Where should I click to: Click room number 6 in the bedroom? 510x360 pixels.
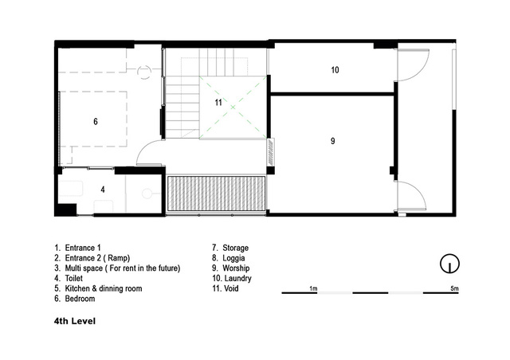pos(96,122)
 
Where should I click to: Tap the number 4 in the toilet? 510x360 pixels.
pos(103,190)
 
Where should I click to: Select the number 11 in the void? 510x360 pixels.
pos(218,103)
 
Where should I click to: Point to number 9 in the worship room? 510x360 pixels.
pos(332,141)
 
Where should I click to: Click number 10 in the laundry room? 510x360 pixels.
pos(335,70)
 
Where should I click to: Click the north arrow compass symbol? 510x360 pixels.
pos(449,264)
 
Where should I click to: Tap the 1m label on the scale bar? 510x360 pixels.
pos(313,288)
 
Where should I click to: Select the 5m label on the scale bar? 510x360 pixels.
pos(454,288)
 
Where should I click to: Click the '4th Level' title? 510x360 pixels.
pos(75,321)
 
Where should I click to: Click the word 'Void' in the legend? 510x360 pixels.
pos(231,288)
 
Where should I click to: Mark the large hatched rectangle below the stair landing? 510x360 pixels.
pos(216,194)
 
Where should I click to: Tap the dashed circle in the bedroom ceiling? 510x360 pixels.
pos(143,72)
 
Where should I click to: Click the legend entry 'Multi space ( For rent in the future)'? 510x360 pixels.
pos(123,268)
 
